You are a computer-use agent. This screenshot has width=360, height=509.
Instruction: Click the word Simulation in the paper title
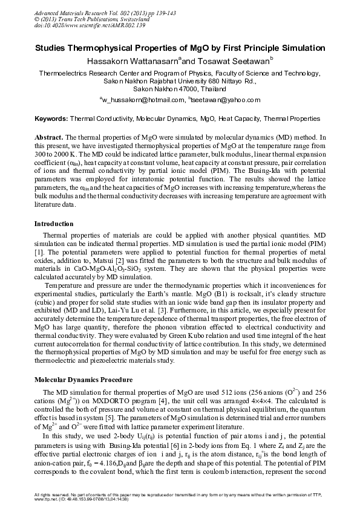point(301,48)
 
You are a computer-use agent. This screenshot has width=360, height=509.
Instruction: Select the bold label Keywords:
point(51,119)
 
